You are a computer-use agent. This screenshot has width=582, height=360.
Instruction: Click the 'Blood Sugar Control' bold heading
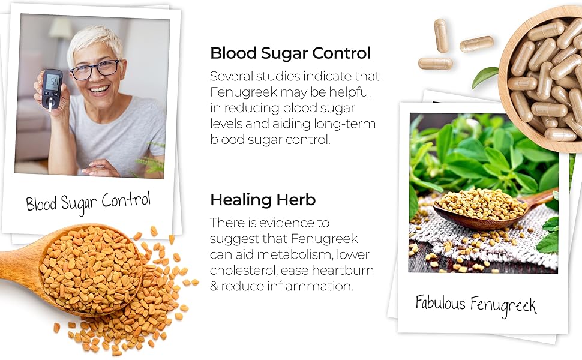pyautogui.click(x=290, y=53)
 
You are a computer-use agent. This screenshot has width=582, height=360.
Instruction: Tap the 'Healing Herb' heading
pyautogui.click(x=263, y=199)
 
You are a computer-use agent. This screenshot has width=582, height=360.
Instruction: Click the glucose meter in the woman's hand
pyautogui.click(x=52, y=88)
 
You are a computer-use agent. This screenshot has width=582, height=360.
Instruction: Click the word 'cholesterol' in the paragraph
pyautogui.click(x=238, y=271)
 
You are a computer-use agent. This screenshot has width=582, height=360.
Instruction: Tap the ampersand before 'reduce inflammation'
pyautogui.click(x=214, y=286)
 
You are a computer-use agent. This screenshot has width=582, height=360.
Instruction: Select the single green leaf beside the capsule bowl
pyautogui.click(x=485, y=75)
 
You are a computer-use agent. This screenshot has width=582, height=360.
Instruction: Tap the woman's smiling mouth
pyautogui.click(x=100, y=90)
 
